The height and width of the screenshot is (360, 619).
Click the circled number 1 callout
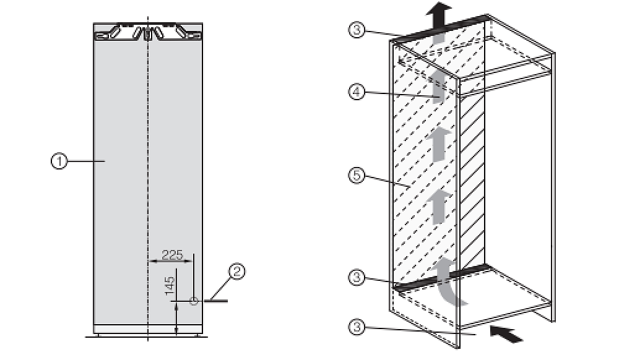tap(59, 161)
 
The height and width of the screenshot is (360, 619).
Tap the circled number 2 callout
tap(237, 272)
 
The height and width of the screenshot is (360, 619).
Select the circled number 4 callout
tap(357, 92)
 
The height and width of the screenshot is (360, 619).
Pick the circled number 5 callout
tap(357, 175)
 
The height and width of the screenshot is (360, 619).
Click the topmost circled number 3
tap(357, 30)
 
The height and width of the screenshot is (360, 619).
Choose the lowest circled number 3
tap(357, 327)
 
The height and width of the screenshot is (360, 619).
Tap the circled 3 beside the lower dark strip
tap(357, 278)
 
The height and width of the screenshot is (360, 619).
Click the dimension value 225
tap(173, 255)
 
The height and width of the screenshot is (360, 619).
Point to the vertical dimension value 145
tap(170, 286)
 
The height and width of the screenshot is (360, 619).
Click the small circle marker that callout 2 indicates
tap(193, 301)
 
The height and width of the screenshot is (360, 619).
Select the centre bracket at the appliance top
tap(147, 33)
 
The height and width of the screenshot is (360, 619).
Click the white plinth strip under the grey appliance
tap(148, 329)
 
